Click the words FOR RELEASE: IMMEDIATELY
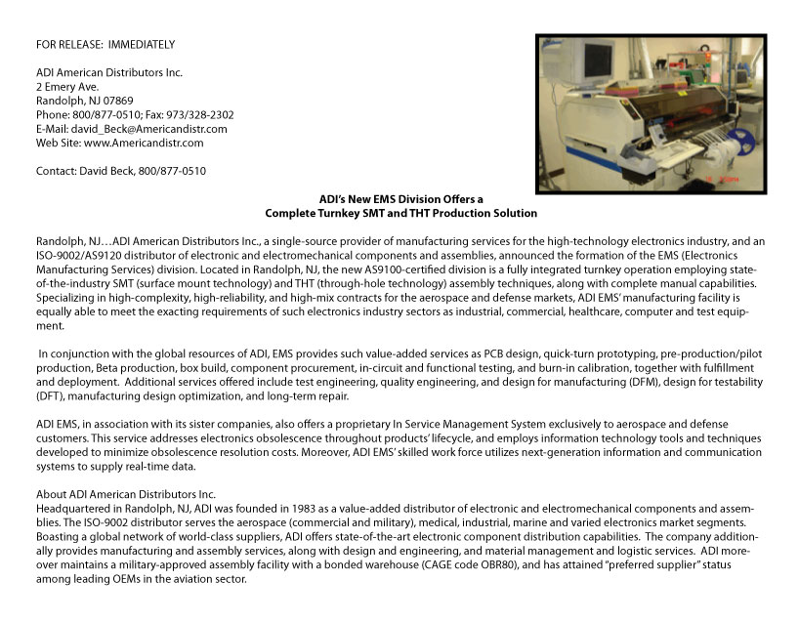105,45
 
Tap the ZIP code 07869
115,101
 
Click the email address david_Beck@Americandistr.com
149,129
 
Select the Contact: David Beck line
120,171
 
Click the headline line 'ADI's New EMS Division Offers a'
401,199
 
